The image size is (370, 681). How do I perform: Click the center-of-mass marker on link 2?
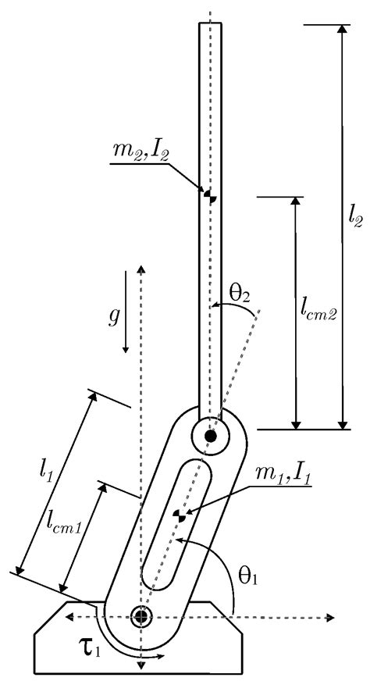pyautogui.click(x=208, y=194)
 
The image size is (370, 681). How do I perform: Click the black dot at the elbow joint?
pyautogui.click(x=210, y=436)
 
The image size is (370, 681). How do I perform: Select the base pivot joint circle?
pyautogui.click(x=141, y=616)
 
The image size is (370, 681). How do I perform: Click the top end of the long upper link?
pyautogui.click(x=210, y=25)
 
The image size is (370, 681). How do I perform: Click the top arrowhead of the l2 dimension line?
pyautogui.click(x=340, y=30)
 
